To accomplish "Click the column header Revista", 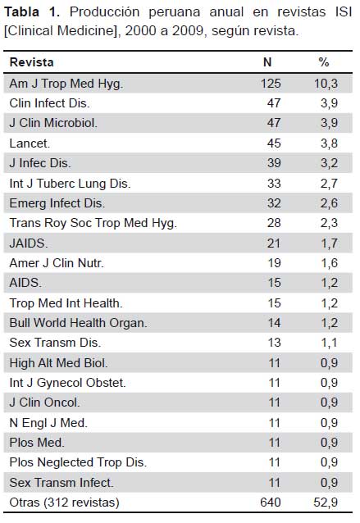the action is pos(31,62).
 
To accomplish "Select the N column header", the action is pos(267,62).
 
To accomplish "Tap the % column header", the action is pos(324,62).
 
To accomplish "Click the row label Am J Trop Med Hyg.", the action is pos(66,84).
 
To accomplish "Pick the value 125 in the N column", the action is pos(271,84).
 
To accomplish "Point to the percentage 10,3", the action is pos(326,84).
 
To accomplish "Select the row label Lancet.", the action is pos(30,143).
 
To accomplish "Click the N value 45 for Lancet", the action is pos(274,143).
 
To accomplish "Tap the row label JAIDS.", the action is pos(29,243).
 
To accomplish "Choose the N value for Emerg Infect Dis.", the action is pos(274,203).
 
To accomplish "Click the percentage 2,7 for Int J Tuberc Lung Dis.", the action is pos(329,184).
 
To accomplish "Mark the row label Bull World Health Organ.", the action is pos(78,323).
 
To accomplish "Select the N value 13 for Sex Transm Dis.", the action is pos(274,343).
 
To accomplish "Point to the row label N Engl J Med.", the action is pos(48,423).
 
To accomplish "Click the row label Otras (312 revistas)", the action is pos(65,503).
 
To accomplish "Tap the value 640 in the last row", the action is pos(271,503).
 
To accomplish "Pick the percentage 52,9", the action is pos(326,503).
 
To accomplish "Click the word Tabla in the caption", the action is pos(21,12).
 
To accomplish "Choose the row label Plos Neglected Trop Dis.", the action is pos(78,462).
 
